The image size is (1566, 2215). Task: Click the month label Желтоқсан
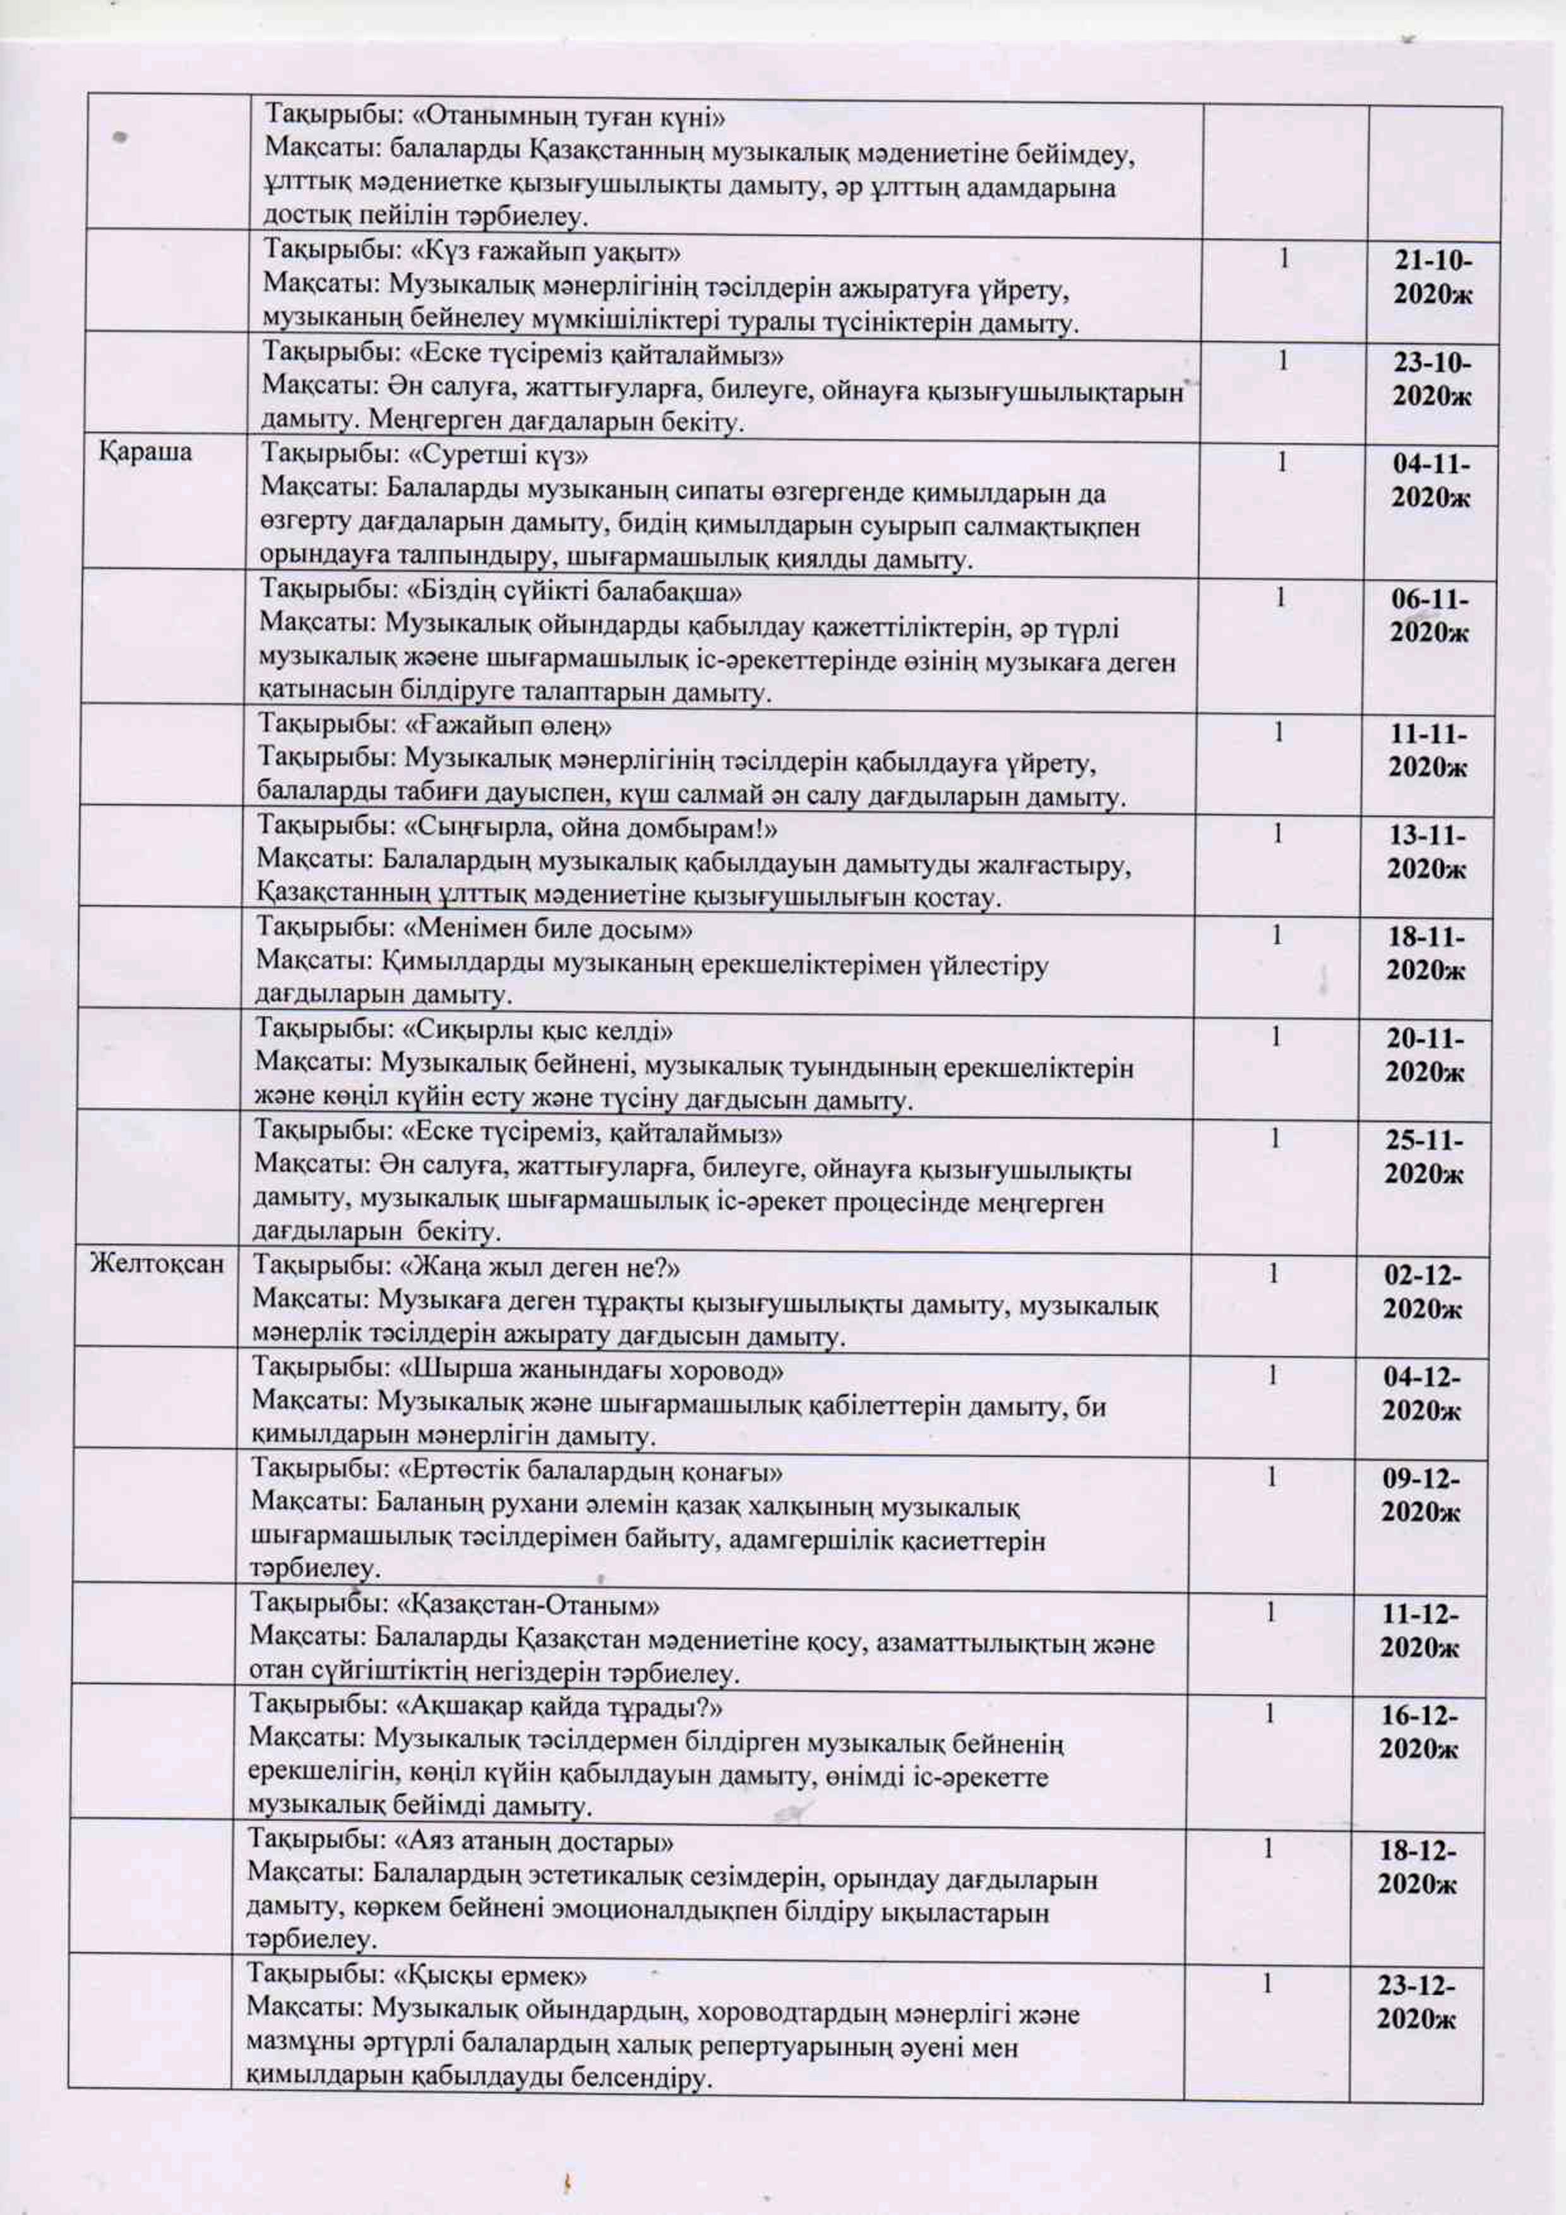pos(157,1264)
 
